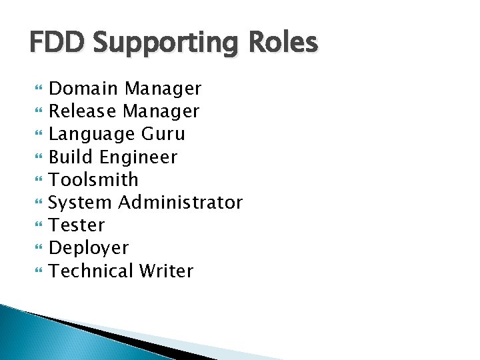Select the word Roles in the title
coord(285,43)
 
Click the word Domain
coord(84,88)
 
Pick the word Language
coord(92,134)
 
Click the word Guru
coord(163,134)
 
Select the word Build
coord(71,157)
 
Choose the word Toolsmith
coord(94,179)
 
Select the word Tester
coord(77,225)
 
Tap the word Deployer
coord(89,248)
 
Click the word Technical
coord(91,271)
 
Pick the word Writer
coord(166,271)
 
